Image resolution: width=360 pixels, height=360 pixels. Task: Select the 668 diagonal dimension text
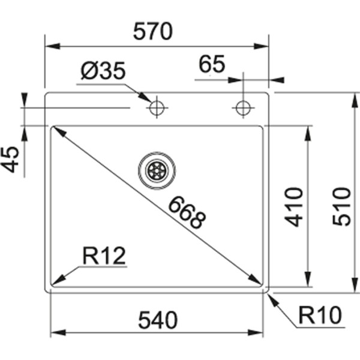(x=187, y=212)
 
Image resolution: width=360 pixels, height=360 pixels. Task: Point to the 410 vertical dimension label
(x=293, y=207)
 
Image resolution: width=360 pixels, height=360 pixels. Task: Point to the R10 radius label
(x=320, y=314)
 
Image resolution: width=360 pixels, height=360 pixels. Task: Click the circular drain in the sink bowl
(x=157, y=170)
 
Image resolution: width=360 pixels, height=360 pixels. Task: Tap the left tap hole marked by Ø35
(x=157, y=108)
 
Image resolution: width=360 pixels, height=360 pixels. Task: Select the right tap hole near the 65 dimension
(x=243, y=108)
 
